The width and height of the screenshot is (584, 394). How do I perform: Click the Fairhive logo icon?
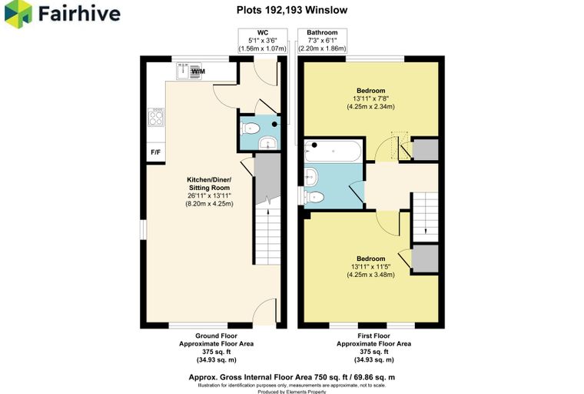[18, 13]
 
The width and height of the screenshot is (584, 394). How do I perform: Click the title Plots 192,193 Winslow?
[292, 10]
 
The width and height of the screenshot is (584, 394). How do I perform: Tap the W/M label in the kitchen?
[198, 72]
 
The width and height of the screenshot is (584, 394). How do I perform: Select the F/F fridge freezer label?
[156, 152]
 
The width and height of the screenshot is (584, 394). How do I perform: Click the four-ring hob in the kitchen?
[156, 117]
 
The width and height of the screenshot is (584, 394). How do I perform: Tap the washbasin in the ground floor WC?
[267, 142]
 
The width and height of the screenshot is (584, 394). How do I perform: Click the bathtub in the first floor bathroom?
[333, 151]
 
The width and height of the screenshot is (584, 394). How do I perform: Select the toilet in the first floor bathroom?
[314, 196]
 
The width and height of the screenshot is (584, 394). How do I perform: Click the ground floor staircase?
[267, 231]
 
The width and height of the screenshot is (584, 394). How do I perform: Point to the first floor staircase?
[426, 217]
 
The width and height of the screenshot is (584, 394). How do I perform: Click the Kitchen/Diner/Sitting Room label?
[209, 184]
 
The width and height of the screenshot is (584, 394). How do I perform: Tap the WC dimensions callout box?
[263, 41]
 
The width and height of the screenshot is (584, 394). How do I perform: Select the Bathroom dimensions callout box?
[322, 41]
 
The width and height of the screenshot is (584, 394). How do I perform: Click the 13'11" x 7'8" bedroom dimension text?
[370, 98]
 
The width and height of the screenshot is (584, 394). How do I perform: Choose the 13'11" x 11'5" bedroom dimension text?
[370, 267]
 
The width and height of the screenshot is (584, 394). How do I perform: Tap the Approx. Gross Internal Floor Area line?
[292, 377]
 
